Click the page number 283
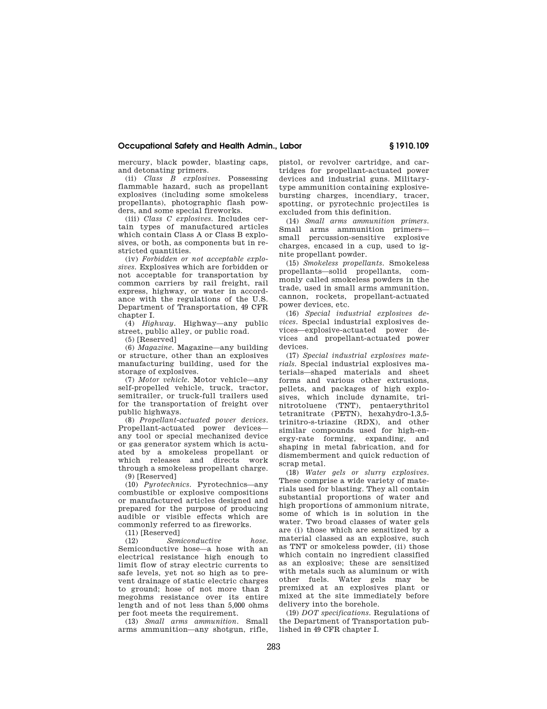pos(273,647)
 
